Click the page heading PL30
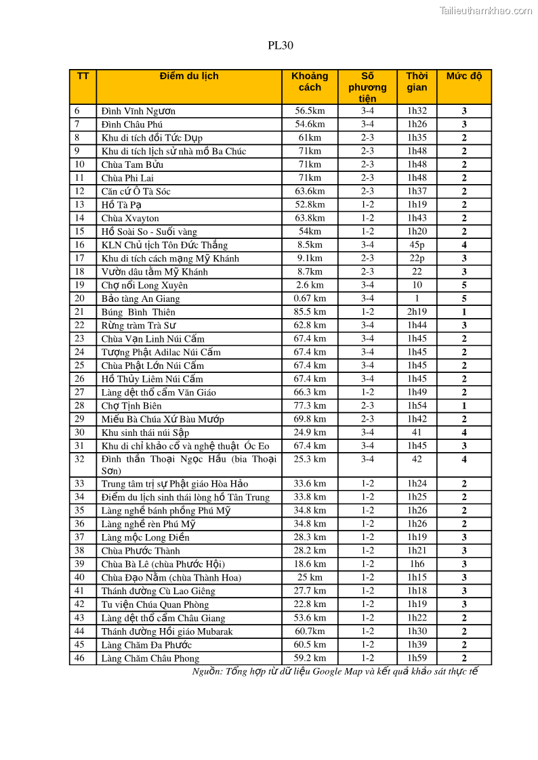[x=280, y=46]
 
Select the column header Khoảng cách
[x=310, y=81]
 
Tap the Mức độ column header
[x=463, y=76]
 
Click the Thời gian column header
[x=417, y=81]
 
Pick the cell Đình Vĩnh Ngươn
[x=138, y=111]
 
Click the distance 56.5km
[x=310, y=111]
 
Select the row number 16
[x=80, y=245]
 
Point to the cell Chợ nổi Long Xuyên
[x=145, y=285]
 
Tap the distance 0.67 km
[x=310, y=298]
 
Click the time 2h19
[x=417, y=312]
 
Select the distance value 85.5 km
[x=310, y=312]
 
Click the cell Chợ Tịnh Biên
[x=131, y=406]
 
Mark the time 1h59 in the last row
[x=417, y=658]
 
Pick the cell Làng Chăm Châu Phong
[x=150, y=658]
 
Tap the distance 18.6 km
[x=310, y=564]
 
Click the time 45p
[x=417, y=245]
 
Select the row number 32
[x=80, y=459]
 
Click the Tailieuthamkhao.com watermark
[x=485, y=10]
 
